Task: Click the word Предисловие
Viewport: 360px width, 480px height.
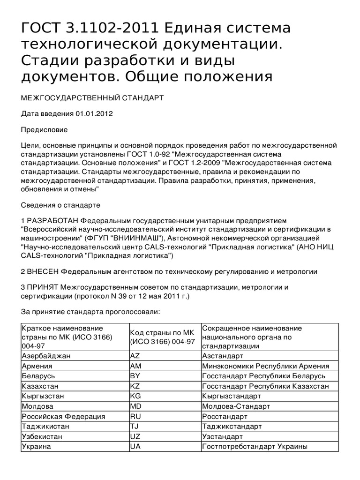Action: coord(45,129)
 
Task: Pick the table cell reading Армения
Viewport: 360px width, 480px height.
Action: coord(37,367)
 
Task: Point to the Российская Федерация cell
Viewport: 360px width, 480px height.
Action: coord(63,416)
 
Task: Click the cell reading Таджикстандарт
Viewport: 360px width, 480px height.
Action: coord(232,427)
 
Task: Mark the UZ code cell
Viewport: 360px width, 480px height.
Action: coord(135,436)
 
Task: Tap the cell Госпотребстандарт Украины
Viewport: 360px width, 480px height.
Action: coord(255,447)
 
